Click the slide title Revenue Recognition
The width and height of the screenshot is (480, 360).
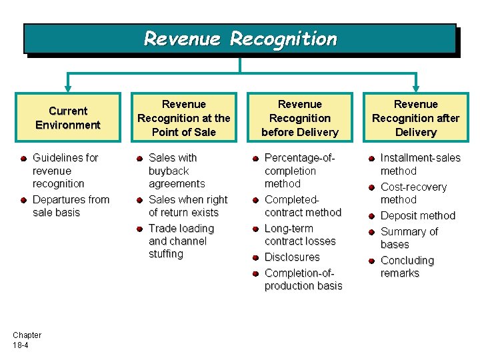(x=240, y=39)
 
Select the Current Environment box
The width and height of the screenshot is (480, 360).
(x=68, y=118)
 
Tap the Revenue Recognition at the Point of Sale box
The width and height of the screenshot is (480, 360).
(x=183, y=118)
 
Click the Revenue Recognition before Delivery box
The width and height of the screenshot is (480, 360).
(x=299, y=118)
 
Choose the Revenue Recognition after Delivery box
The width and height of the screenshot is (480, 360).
(x=415, y=118)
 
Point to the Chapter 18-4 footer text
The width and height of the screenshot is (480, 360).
(x=27, y=340)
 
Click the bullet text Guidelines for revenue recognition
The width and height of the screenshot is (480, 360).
(x=65, y=171)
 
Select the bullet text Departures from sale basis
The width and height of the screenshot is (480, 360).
(x=70, y=206)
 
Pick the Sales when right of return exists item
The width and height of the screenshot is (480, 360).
(x=187, y=206)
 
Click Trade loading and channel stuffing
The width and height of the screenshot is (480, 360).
(x=181, y=241)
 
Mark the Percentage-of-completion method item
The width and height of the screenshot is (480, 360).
(x=299, y=171)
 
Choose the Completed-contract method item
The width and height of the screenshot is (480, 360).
(x=302, y=206)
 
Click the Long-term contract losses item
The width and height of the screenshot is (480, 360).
(x=299, y=235)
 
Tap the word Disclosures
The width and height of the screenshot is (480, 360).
(x=292, y=257)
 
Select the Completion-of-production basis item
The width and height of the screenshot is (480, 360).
(x=303, y=279)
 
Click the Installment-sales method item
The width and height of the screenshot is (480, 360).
(x=419, y=165)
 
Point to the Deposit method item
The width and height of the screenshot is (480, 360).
(x=417, y=216)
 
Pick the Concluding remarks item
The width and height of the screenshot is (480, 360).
(x=406, y=267)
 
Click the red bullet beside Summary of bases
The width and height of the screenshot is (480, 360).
(x=371, y=232)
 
